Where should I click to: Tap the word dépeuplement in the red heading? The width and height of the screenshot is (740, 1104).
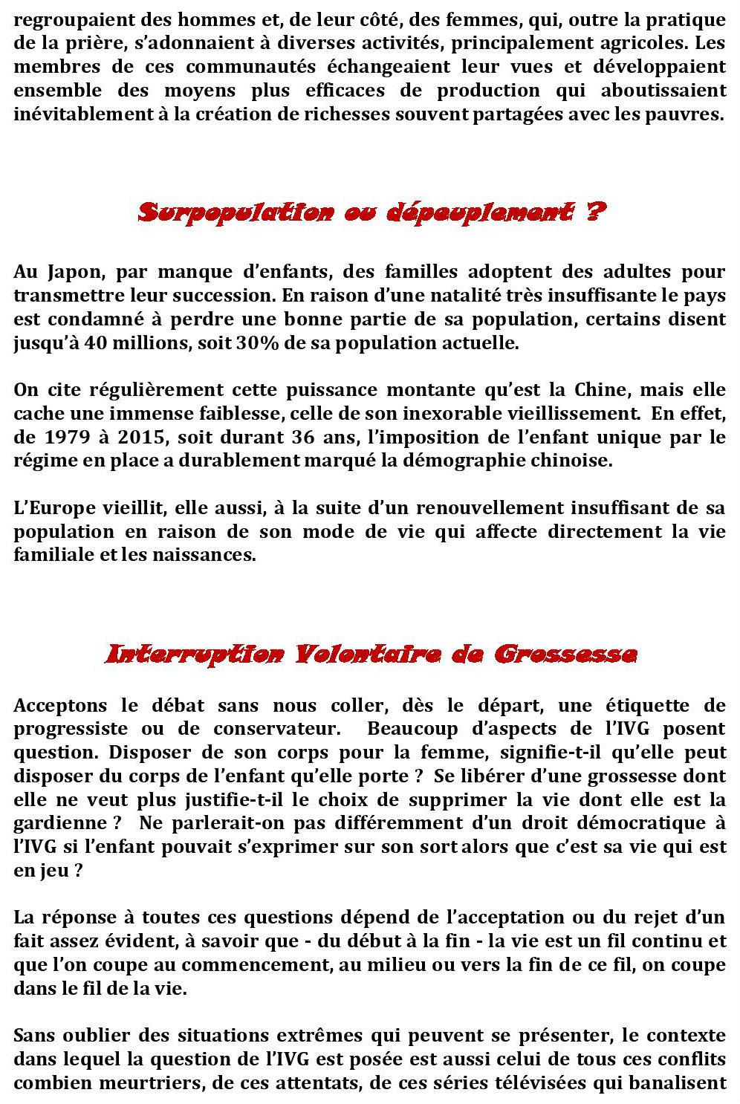(x=480, y=213)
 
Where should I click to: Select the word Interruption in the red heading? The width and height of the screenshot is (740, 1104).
(x=194, y=655)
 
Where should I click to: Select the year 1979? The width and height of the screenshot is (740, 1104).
(x=68, y=437)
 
